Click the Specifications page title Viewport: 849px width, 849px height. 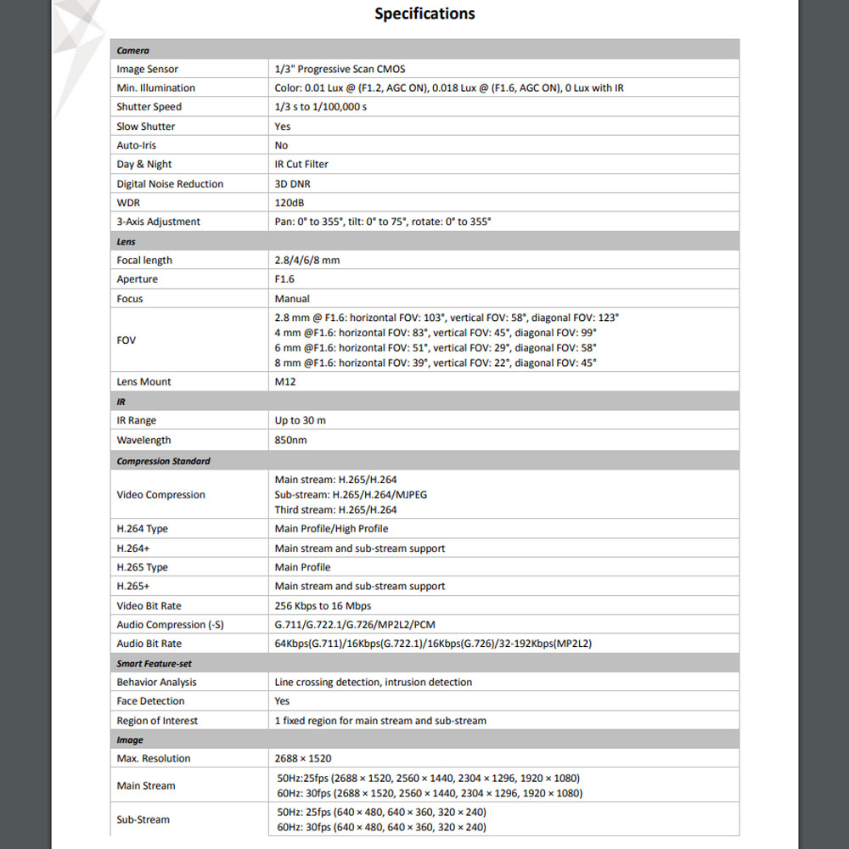[x=424, y=14]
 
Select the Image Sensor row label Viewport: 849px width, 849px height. [x=148, y=69]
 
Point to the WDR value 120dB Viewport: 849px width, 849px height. [x=290, y=203]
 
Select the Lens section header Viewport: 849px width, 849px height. [x=126, y=242]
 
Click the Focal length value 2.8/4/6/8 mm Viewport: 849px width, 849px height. [x=307, y=261]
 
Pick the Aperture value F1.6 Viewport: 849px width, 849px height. [x=285, y=279]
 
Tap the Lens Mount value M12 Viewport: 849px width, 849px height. [x=284, y=382]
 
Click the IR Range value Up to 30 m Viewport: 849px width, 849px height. [x=301, y=420]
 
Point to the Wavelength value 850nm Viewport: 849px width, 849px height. [x=290, y=440]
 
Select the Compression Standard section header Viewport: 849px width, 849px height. [x=163, y=461]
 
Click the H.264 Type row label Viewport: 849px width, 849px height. [x=143, y=529]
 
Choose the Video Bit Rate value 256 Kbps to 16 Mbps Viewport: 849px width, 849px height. [x=323, y=606]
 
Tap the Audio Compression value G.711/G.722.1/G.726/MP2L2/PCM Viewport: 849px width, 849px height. [x=355, y=625]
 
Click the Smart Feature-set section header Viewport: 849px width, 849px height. [x=155, y=664]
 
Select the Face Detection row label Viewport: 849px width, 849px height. [x=150, y=701]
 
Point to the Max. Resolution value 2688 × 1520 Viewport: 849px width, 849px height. [x=304, y=759]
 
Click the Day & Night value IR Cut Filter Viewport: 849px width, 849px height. [x=301, y=165]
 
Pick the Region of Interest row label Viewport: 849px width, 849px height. [x=157, y=721]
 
